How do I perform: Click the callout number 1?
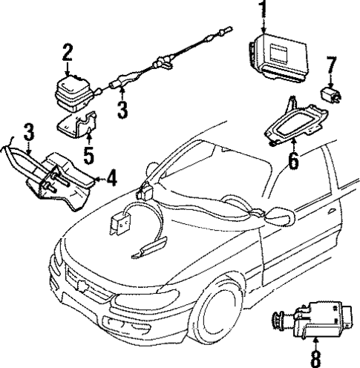261,10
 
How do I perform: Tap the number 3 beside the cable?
122,109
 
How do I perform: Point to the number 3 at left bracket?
28,134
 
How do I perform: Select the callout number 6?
293,159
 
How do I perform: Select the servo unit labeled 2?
70,93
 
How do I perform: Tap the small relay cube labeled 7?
330,93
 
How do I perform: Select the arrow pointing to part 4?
96,177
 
